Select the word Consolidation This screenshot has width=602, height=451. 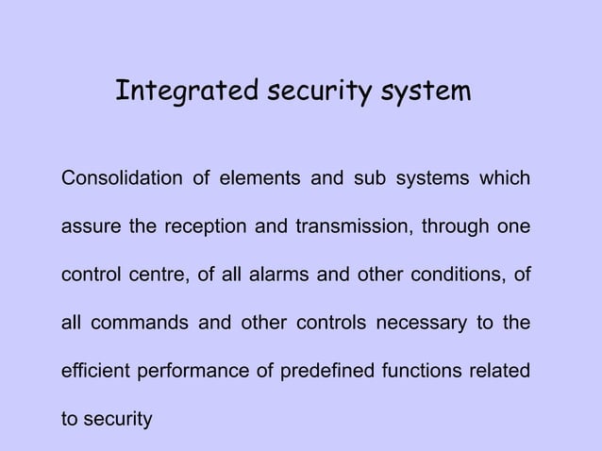pos(122,178)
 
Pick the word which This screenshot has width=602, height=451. pos(505,178)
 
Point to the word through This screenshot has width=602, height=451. pos(456,227)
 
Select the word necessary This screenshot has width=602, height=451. pos(417,325)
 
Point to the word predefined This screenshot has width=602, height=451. pos(324,372)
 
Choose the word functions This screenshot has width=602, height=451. pos(422,372)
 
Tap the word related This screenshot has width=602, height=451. pos(500,372)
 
